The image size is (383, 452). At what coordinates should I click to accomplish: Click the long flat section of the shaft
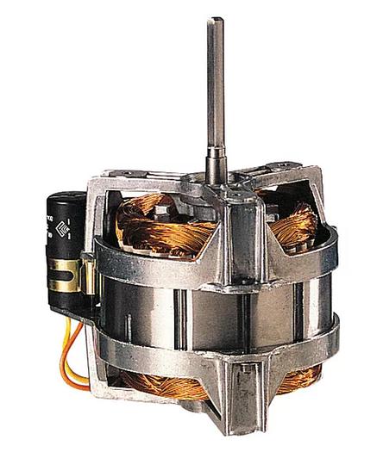(215, 86)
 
